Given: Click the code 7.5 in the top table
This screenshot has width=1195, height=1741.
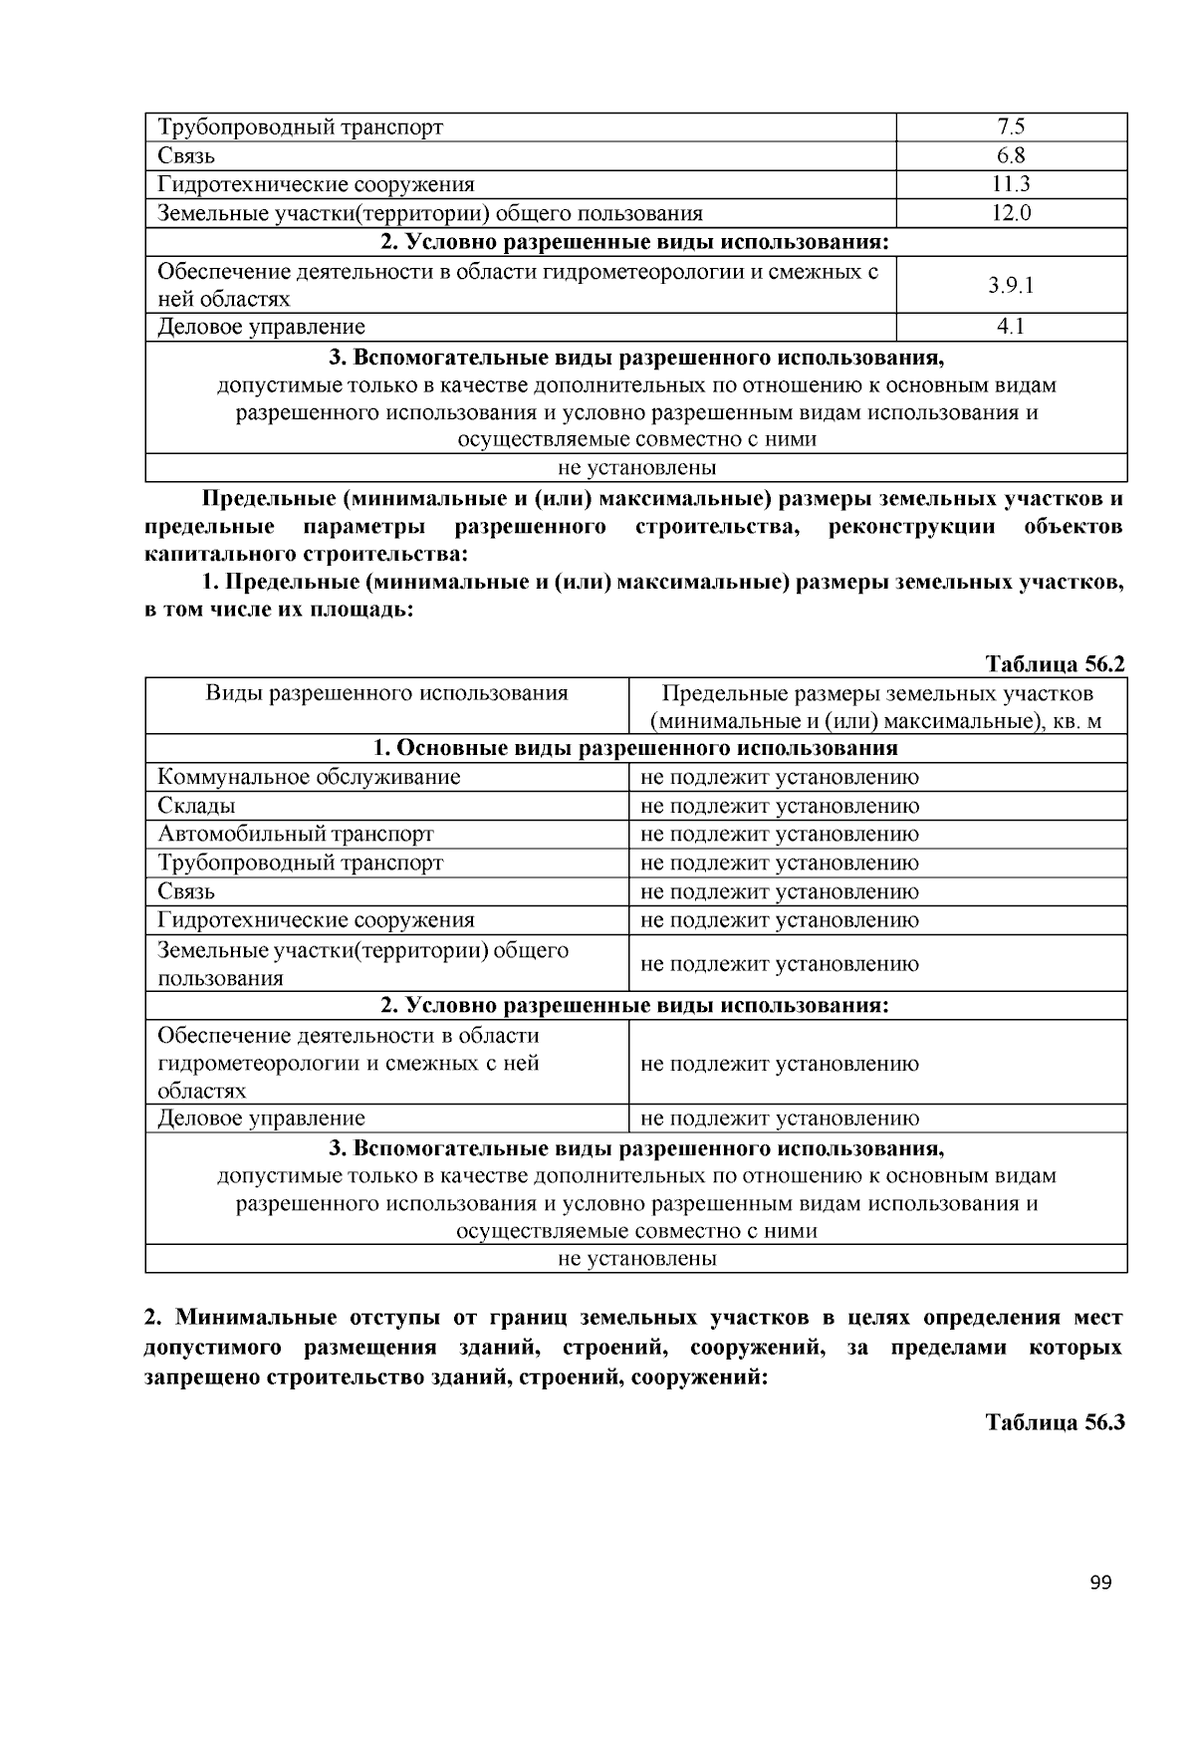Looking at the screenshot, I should point(1011,126).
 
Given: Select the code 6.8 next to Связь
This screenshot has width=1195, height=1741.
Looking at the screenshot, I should point(1011,155).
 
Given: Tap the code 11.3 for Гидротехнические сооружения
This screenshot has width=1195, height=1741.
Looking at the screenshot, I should point(1011,184).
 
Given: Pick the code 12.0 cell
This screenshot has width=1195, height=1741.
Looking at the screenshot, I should point(1011,213).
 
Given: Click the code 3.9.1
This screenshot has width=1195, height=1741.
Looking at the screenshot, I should point(1011,285).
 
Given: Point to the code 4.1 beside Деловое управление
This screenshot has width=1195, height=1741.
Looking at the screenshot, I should point(1011,327).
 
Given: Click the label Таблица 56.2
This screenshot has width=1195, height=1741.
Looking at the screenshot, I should point(1055,664).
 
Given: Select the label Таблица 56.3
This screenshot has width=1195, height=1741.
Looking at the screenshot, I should point(1055,1421).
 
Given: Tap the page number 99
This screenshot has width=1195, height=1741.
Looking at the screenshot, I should point(1100,1584).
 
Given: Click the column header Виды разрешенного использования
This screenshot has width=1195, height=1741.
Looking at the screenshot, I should point(386,693).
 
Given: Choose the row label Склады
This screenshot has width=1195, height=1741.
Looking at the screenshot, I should point(196,806).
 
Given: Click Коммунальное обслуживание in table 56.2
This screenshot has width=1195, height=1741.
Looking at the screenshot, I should point(309,777).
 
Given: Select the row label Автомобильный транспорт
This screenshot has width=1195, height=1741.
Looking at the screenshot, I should point(296,835).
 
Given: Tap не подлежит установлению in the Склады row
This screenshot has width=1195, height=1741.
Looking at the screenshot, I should point(780,806).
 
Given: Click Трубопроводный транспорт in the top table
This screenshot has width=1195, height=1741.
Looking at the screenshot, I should point(300,127).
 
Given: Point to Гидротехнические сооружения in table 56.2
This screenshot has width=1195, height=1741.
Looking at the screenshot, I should point(316,920).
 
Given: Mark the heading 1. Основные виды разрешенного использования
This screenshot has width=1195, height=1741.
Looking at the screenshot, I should point(635,748).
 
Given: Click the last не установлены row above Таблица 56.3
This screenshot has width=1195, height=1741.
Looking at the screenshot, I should point(636,1259).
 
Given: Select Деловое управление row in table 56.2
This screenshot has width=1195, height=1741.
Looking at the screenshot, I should point(261,1119).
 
